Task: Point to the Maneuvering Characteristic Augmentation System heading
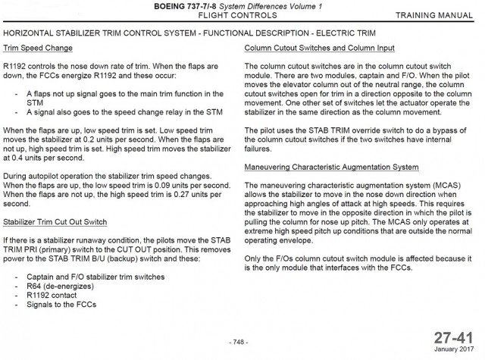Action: pyautogui.click(x=332, y=166)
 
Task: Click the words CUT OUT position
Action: pyautogui.click(x=164, y=247)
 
